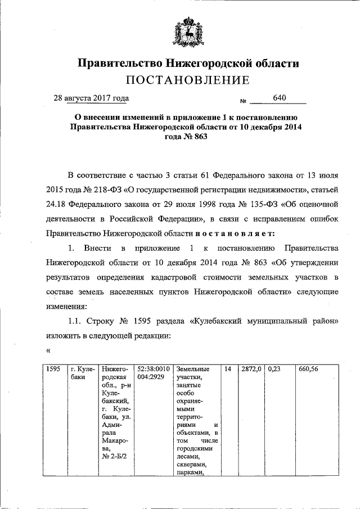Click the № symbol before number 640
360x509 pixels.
244,101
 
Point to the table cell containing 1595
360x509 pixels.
53,369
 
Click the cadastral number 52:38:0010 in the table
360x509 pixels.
155,369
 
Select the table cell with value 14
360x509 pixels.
228,369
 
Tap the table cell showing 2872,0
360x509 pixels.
251,369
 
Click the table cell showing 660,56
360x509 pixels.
309,369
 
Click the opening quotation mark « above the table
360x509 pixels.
48,350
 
